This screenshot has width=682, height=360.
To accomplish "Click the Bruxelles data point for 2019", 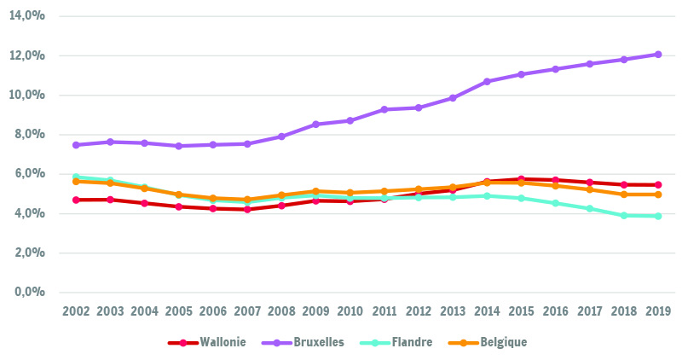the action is (x=658, y=55).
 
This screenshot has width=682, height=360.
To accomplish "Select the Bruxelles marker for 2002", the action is (x=76, y=145).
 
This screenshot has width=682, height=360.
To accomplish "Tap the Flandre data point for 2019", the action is (x=658, y=216).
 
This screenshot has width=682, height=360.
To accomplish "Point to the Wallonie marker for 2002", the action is (x=76, y=200).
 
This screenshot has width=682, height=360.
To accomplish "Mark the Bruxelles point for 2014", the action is (x=487, y=81).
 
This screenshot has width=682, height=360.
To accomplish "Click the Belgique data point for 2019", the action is (x=658, y=195).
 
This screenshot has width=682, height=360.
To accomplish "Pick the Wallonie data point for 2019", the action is (x=658, y=184).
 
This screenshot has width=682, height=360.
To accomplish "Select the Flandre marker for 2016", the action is (x=556, y=203).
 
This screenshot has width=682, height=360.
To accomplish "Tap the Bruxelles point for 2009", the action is (x=316, y=125).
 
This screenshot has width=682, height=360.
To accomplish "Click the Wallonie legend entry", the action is (x=206, y=343).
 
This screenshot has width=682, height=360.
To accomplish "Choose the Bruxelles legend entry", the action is (x=303, y=343).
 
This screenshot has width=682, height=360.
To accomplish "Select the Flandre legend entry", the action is (x=396, y=343).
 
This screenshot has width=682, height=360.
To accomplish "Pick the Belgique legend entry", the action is (x=488, y=343).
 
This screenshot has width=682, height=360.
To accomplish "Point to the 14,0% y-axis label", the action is (x=27, y=15).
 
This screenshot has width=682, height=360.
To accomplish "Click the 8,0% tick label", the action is (x=30, y=134).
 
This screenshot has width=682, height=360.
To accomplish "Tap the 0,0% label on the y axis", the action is (x=30, y=292).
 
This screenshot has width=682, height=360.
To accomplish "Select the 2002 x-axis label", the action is (x=76, y=311).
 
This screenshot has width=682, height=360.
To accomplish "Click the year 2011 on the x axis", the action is (x=384, y=311).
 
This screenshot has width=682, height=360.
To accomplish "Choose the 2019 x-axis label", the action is (x=658, y=311).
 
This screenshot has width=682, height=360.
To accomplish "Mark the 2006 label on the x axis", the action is (x=213, y=311).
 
